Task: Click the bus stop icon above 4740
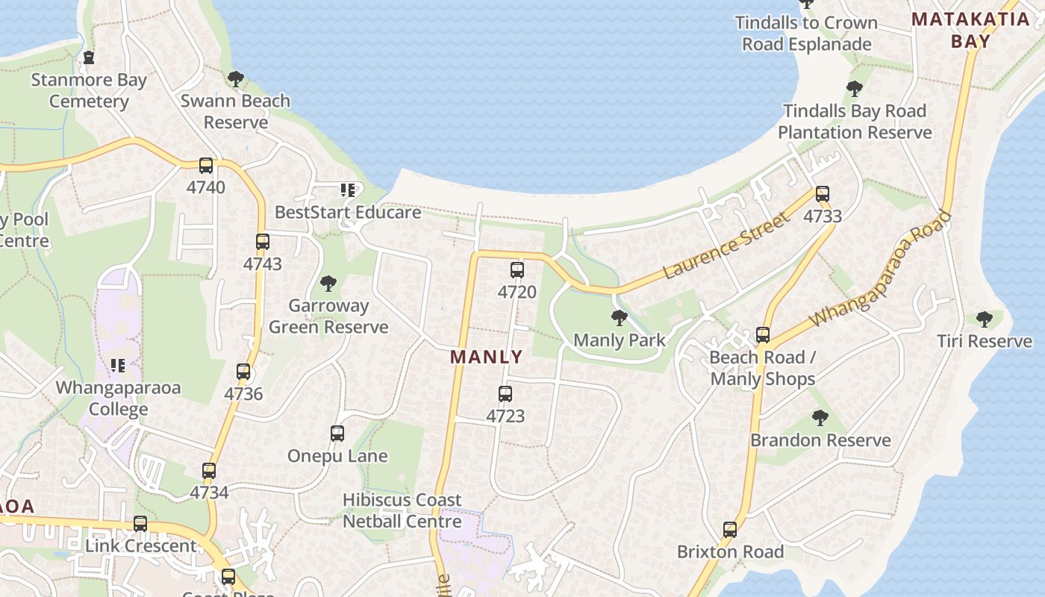tap(206, 166)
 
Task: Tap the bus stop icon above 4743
tap(263, 242)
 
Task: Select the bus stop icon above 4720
tap(517, 270)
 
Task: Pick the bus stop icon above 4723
tap(505, 394)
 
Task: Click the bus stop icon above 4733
tap(823, 194)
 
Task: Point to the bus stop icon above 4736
tap(243, 372)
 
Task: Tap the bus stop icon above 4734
tap(209, 471)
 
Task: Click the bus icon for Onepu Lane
tap(337, 434)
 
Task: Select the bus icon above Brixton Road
tap(730, 530)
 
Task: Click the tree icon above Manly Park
tap(619, 319)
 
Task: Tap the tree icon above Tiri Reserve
tap(985, 319)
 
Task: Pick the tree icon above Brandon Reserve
tap(820, 418)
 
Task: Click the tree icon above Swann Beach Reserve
tap(236, 78)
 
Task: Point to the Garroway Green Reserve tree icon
tap(328, 284)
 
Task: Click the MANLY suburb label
tap(486, 357)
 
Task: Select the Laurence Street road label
tap(726, 246)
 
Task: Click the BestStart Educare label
tap(348, 213)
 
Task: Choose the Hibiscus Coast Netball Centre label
tap(402, 510)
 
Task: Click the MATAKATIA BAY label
tap(970, 30)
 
